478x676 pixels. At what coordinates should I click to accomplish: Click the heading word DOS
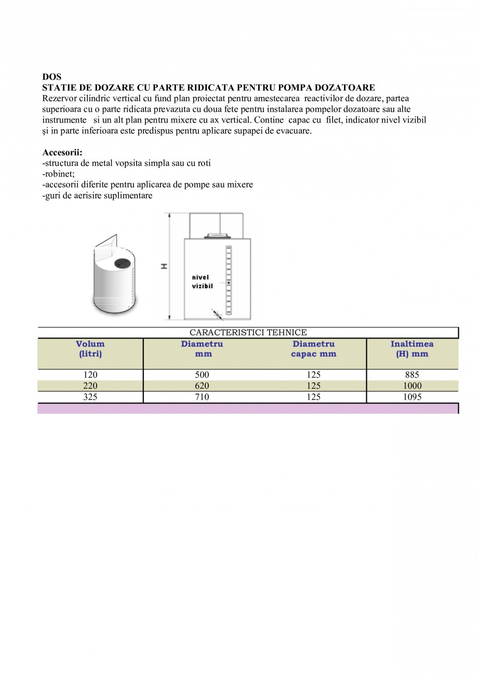click(51, 77)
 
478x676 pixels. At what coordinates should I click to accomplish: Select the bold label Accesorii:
click(62, 153)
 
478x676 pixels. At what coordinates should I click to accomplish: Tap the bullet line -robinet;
click(58, 174)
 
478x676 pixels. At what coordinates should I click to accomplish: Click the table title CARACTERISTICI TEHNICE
click(248, 333)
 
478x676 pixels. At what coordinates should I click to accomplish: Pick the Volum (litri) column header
click(90, 349)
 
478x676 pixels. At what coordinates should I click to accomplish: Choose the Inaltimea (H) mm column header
click(412, 349)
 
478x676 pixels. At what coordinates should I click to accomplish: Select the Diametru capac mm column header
click(313, 349)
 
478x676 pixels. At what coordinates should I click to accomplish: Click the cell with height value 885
click(412, 375)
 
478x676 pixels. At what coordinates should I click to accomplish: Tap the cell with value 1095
click(412, 397)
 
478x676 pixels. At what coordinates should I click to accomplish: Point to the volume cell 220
click(90, 386)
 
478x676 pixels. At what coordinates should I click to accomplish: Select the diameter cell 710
click(202, 397)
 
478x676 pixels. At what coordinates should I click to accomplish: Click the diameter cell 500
click(202, 375)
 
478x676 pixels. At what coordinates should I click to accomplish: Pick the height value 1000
click(412, 386)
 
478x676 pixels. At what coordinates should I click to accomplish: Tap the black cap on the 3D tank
click(122, 263)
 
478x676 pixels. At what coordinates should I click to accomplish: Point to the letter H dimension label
click(164, 266)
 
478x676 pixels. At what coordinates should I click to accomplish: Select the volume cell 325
click(90, 397)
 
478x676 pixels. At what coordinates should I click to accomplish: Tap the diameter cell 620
click(202, 386)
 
